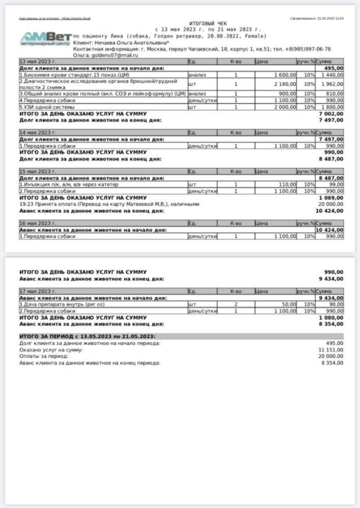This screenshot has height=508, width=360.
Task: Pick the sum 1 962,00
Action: tap(333, 84)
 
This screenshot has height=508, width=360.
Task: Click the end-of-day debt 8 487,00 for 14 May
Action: tap(331, 158)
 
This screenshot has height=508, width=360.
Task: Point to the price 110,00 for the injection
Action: tap(287, 184)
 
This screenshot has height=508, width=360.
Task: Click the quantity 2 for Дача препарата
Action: tap(236, 304)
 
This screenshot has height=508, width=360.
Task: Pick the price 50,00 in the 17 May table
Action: tap(289, 304)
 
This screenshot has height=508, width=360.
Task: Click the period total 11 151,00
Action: tap(332, 350)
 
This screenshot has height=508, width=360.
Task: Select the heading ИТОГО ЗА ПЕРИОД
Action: tap(87, 336)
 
